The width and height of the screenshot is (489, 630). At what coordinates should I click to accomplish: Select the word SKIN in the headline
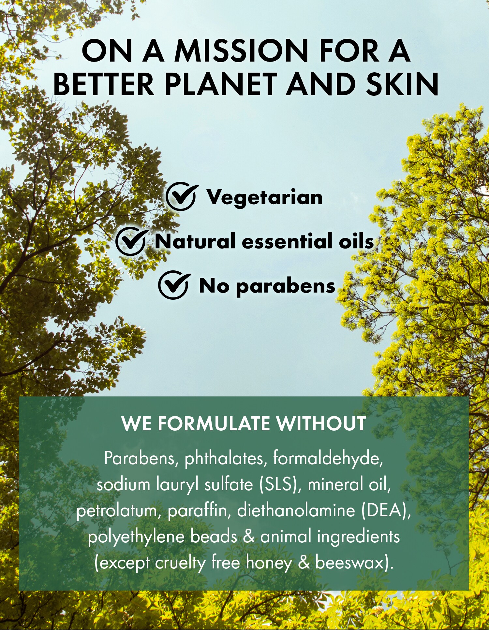[402, 84]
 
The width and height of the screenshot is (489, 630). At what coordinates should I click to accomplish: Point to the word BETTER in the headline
[104, 84]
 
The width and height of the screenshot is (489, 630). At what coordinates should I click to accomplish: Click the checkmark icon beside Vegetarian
[181, 197]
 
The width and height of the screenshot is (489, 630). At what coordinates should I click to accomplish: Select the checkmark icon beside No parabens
[174, 285]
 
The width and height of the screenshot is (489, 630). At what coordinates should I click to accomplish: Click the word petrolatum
[119, 511]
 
